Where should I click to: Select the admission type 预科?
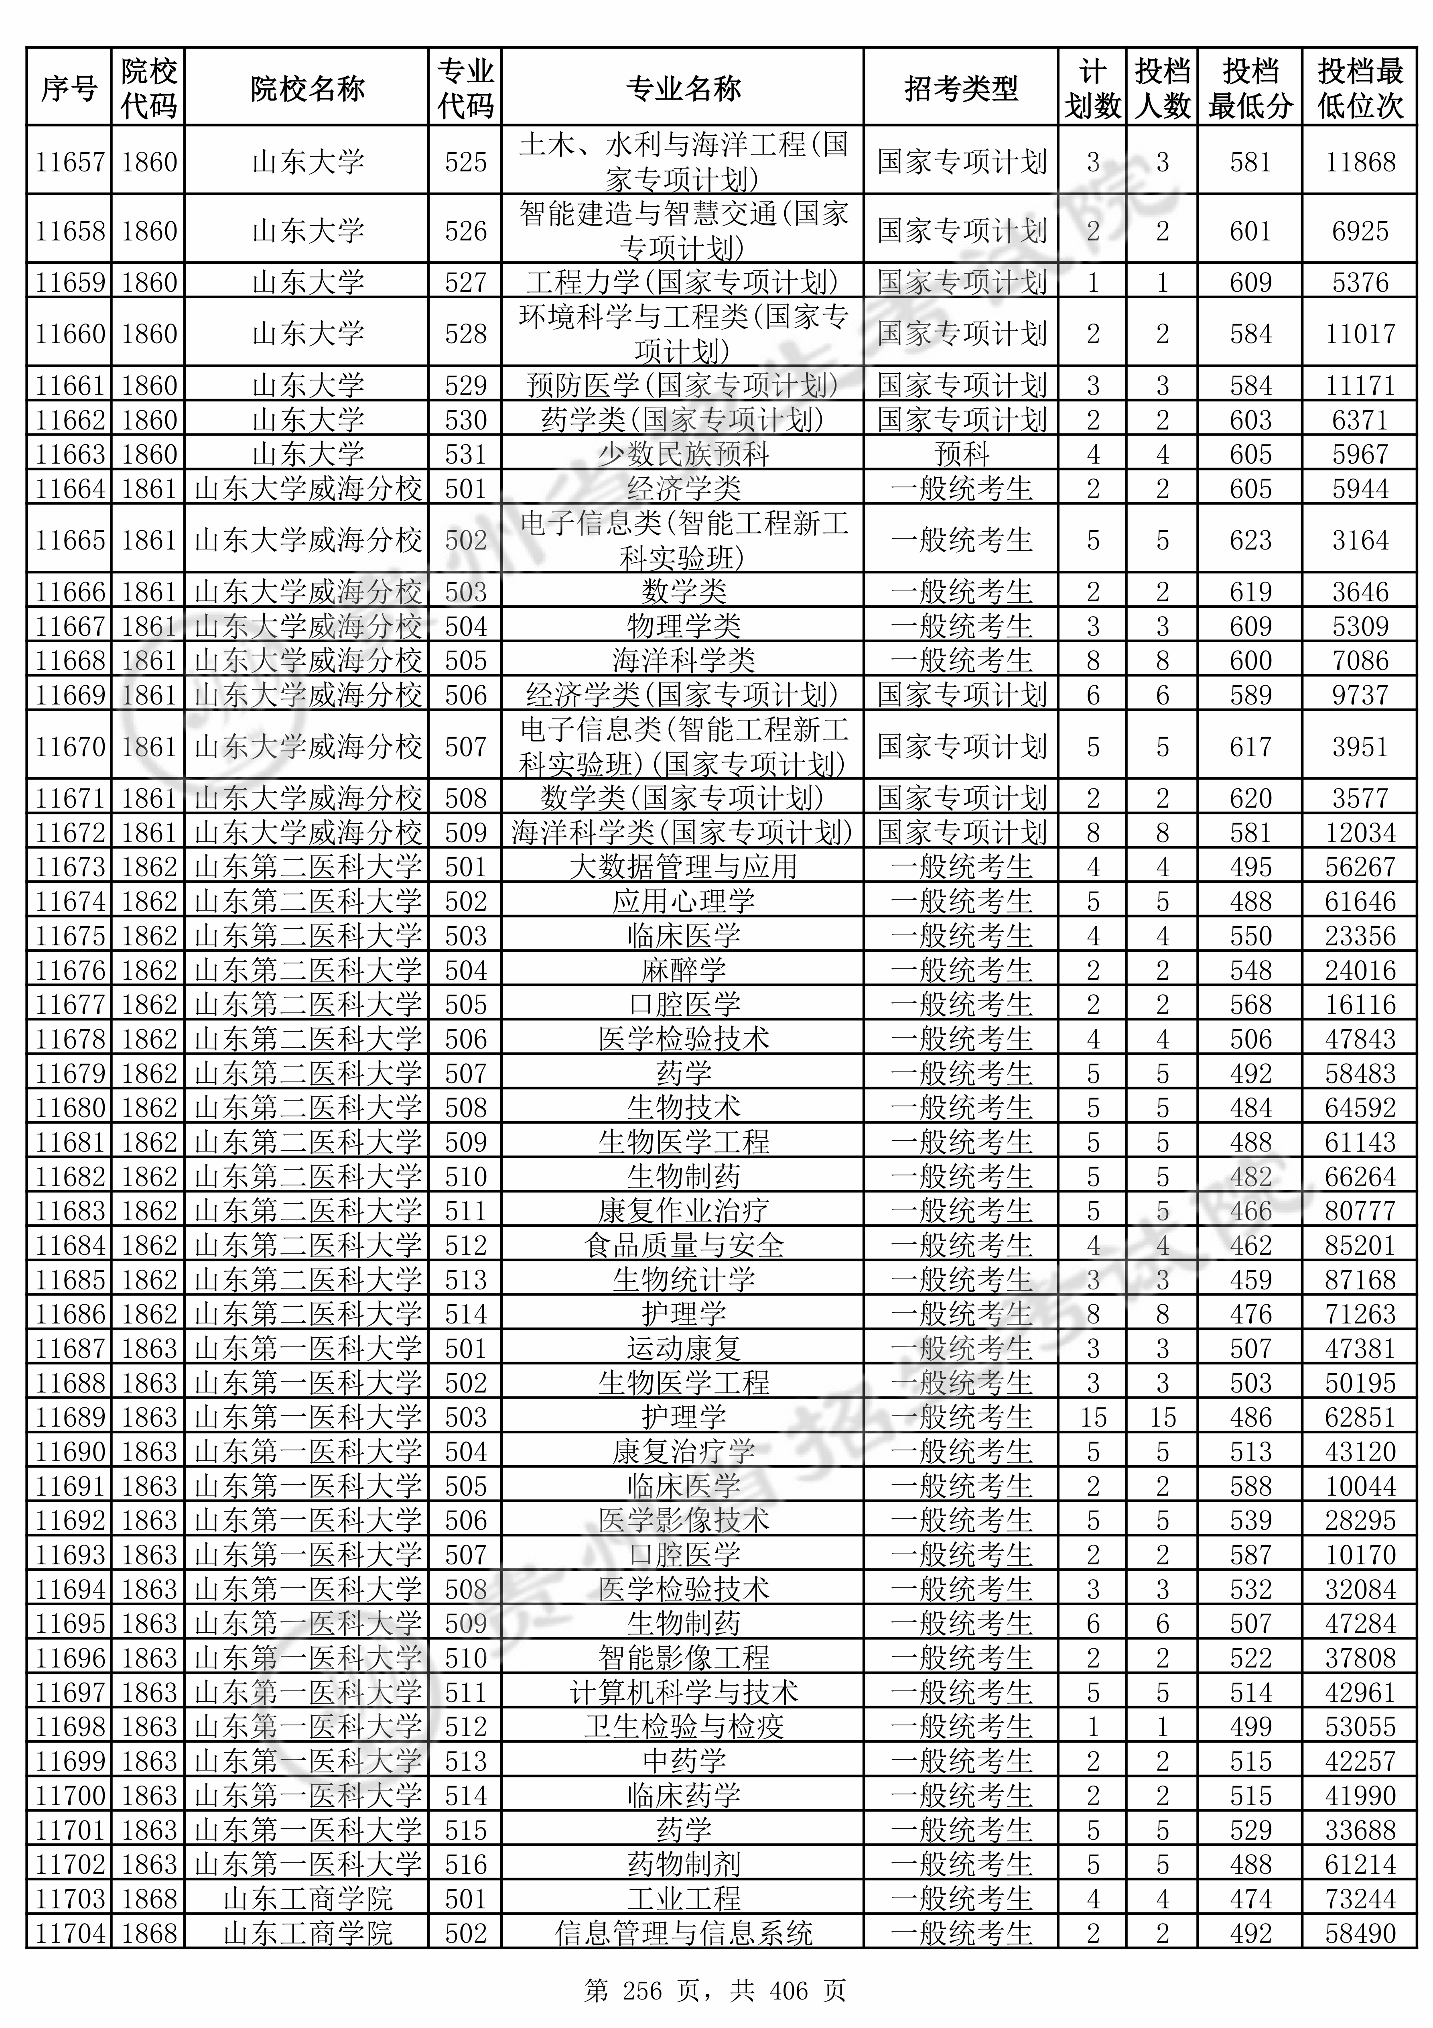[x=961, y=454]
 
